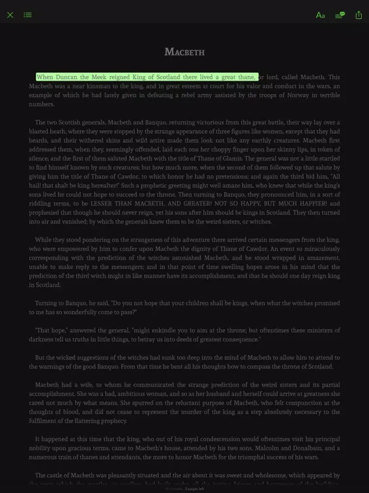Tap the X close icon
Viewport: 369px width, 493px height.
10,15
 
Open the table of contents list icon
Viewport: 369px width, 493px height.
28,15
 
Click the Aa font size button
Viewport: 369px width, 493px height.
320,15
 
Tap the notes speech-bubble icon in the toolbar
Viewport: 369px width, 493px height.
339,15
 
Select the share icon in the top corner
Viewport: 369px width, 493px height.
358,15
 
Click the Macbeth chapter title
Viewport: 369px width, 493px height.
184,52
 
